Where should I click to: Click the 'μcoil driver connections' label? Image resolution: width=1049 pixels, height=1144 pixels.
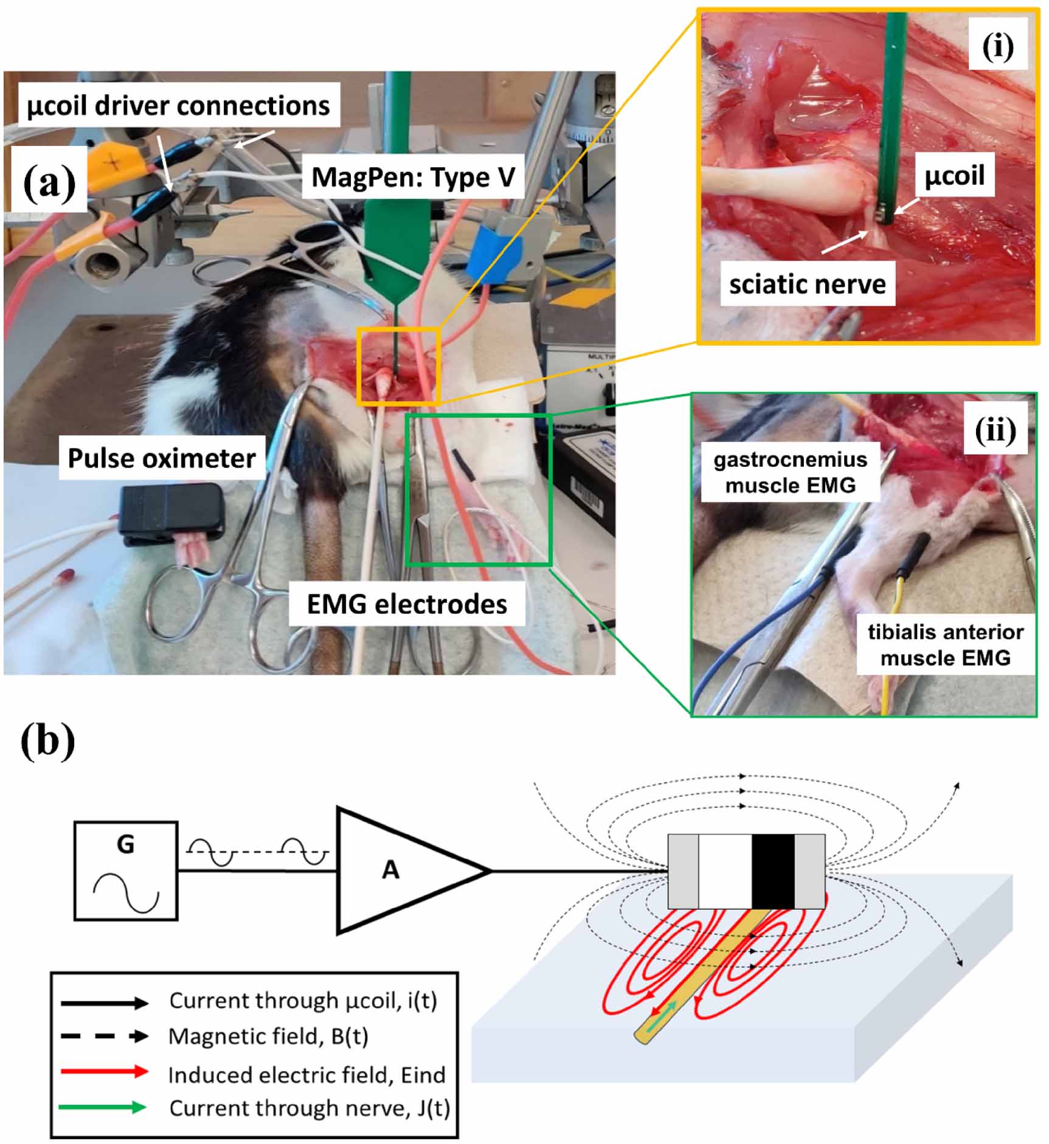[178, 106]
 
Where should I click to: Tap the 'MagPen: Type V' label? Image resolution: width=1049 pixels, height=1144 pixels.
[413, 177]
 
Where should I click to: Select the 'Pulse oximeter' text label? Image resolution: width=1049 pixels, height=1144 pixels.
[161, 458]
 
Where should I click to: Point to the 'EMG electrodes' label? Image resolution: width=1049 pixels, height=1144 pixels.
[406, 604]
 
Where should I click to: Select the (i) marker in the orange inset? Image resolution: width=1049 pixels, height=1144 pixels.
[997, 47]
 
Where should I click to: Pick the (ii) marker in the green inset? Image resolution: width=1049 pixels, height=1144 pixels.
[995, 431]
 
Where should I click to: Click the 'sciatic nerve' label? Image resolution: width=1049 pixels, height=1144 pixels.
[807, 284]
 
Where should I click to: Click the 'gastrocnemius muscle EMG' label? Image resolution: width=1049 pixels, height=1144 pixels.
[790, 472]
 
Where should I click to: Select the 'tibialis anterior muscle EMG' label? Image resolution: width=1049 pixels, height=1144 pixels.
[945, 645]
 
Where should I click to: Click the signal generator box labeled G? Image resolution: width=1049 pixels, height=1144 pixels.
[126, 871]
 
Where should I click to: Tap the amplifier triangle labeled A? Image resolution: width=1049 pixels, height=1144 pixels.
[395, 870]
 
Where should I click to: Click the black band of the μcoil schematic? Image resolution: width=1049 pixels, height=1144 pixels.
[772, 871]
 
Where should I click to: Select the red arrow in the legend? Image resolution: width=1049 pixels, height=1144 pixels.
[104, 1072]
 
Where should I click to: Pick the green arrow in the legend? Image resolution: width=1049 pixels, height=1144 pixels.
[103, 1108]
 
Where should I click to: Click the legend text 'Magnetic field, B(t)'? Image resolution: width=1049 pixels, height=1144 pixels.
[268, 1036]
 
